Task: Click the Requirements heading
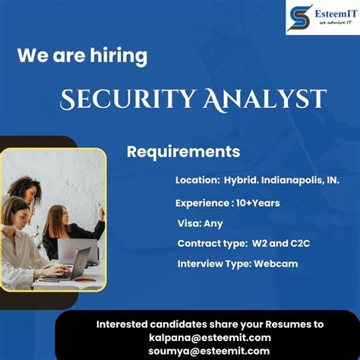point(183,151)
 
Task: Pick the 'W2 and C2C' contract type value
point(269,244)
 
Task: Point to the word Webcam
point(276,264)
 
